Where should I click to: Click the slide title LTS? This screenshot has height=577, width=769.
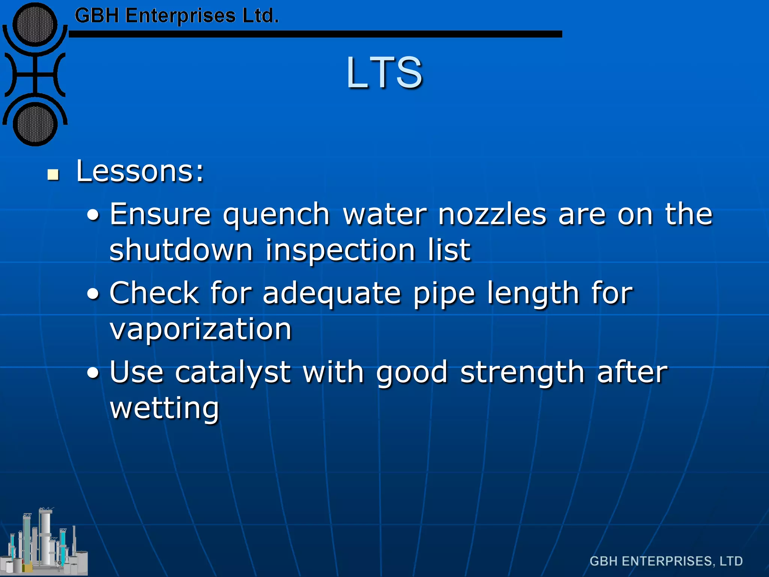pos(384,72)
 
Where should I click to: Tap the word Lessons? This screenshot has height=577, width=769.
pos(139,171)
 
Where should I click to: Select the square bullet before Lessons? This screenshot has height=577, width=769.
pos(53,175)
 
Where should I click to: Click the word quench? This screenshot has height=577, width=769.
pos(276,215)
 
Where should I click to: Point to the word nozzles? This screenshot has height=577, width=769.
pos(492,214)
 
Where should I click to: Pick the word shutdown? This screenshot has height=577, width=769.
pos(181,250)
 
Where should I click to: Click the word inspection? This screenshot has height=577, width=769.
pos(340,251)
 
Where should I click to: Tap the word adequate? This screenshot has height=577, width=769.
pos(332,294)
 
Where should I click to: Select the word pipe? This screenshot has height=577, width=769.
pos(444,294)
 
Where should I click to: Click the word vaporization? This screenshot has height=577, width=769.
pos(201,329)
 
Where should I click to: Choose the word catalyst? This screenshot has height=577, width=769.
pos(233,373)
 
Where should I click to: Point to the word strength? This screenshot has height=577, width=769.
pos(522,373)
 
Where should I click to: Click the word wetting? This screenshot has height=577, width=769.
pos(164,408)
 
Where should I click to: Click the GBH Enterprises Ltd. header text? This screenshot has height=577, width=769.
pos(176,16)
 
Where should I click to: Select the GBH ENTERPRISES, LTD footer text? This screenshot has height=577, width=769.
pos(666,561)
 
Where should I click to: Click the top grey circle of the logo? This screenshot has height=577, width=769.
pos(35,25)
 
